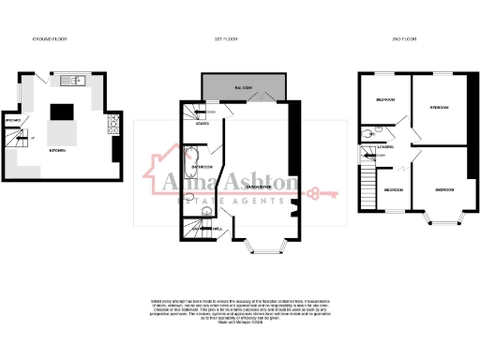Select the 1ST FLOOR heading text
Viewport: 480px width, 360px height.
[239, 41]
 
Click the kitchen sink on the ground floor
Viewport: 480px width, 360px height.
[78, 82]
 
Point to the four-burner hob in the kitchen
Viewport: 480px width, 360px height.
[112, 121]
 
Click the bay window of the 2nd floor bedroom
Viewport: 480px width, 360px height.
[439, 221]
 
